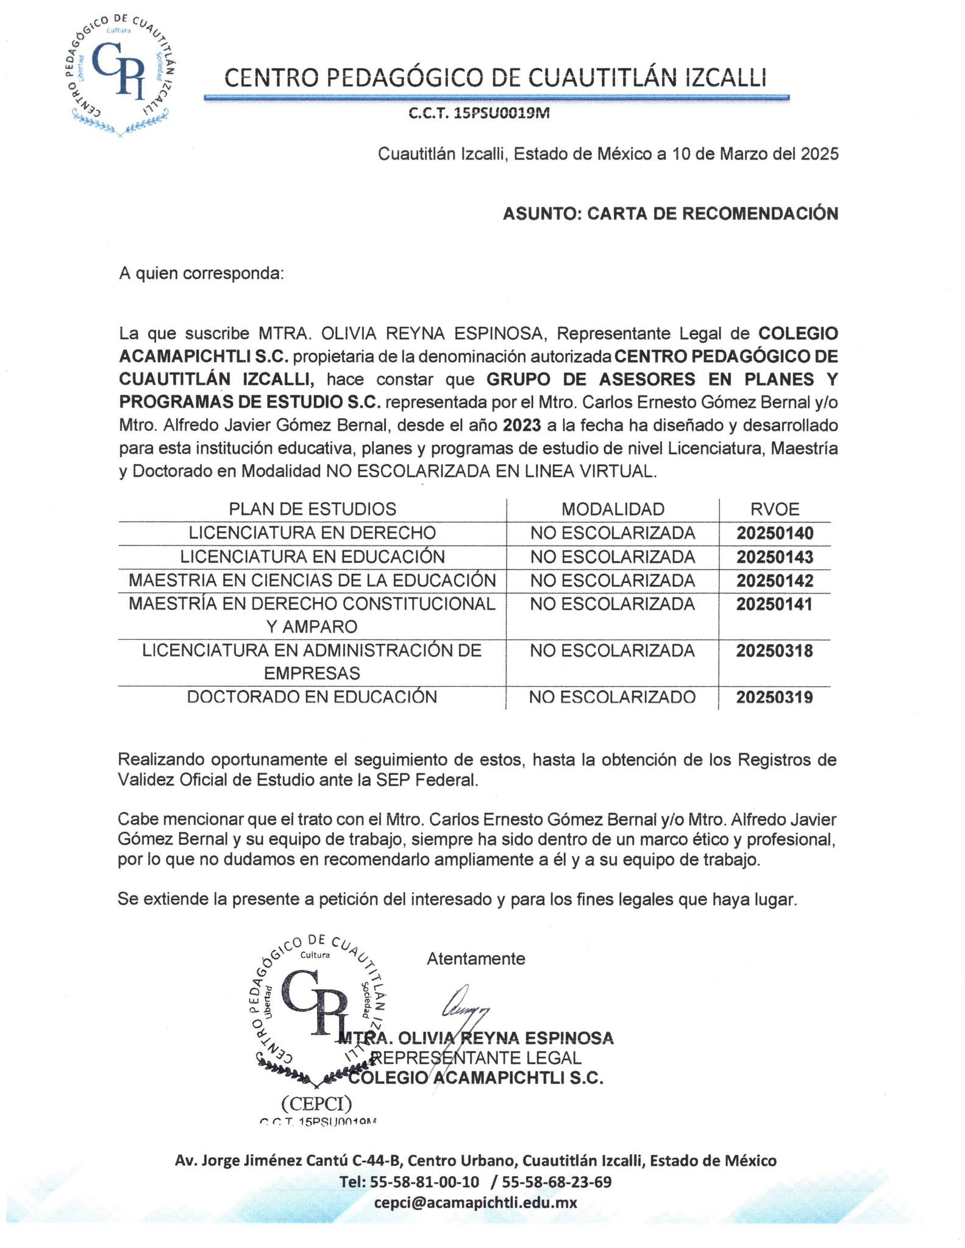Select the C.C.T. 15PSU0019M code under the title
tap(479, 113)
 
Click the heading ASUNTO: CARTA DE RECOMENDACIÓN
tap(670, 213)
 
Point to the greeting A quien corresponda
tap(201, 273)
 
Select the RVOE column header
tap(775, 509)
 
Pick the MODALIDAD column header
tap(613, 509)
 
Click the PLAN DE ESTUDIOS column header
tap(312, 509)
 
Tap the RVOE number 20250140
tap(775, 533)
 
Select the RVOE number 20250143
tap(775, 557)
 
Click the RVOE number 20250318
tap(775, 651)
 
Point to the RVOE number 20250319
tap(775, 697)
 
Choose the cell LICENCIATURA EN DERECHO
tap(312, 533)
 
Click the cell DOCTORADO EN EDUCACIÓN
tap(312, 697)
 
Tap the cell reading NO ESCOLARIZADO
tap(612, 697)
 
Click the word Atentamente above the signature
tap(475, 959)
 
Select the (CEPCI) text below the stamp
tap(316, 1103)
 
